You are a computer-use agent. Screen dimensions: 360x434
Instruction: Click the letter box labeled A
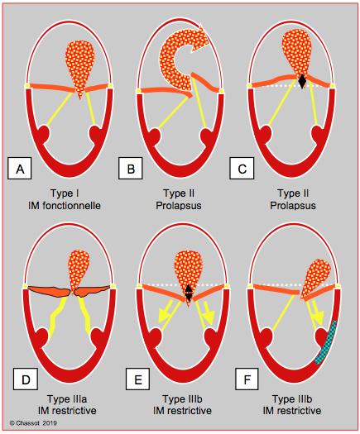(19, 169)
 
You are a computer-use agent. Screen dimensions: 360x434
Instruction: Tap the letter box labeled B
(131, 169)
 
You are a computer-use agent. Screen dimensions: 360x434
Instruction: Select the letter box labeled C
(242, 169)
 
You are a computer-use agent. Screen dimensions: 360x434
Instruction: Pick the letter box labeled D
(26, 379)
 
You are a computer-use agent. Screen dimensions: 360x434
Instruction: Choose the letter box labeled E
(137, 379)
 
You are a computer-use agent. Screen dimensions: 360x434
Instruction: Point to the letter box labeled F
(247, 379)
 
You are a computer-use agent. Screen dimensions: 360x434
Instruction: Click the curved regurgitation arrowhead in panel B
(199, 39)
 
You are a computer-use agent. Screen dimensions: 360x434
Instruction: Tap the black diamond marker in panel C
(302, 81)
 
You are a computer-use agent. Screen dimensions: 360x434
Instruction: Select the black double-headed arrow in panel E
(189, 293)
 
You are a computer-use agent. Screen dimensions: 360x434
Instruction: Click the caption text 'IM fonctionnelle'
(65, 206)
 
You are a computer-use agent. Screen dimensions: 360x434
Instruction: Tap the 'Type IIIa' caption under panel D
(67, 399)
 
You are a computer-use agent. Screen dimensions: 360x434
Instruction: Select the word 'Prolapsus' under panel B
(179, 206)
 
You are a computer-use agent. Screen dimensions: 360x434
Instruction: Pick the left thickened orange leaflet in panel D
(49, 291)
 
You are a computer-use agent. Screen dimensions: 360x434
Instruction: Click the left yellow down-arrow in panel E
(165, 312)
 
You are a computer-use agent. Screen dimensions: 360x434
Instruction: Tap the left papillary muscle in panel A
(44, 134)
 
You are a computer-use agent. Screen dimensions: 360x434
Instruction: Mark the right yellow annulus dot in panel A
(110, 85)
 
